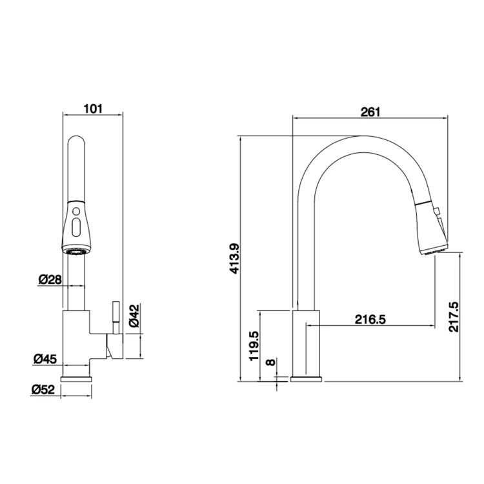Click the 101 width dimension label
[x=93, y=108]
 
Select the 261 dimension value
[x=370, y=112]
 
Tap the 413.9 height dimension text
[x=235, y=259]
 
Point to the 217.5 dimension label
[x=454, y=317]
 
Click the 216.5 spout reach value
[x=370, y=319]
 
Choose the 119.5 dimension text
[x=254, y=346]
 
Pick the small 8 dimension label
[x=270, y=362]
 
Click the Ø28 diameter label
[x=50, y=279]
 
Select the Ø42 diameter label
[x=134, y=316]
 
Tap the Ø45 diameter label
[x=45, y=359]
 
